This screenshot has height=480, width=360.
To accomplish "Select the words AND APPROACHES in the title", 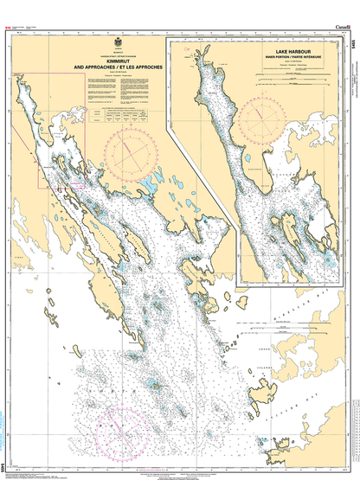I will tap(97, 66).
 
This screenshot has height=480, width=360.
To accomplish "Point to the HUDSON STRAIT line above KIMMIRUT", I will tap(119, 54).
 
